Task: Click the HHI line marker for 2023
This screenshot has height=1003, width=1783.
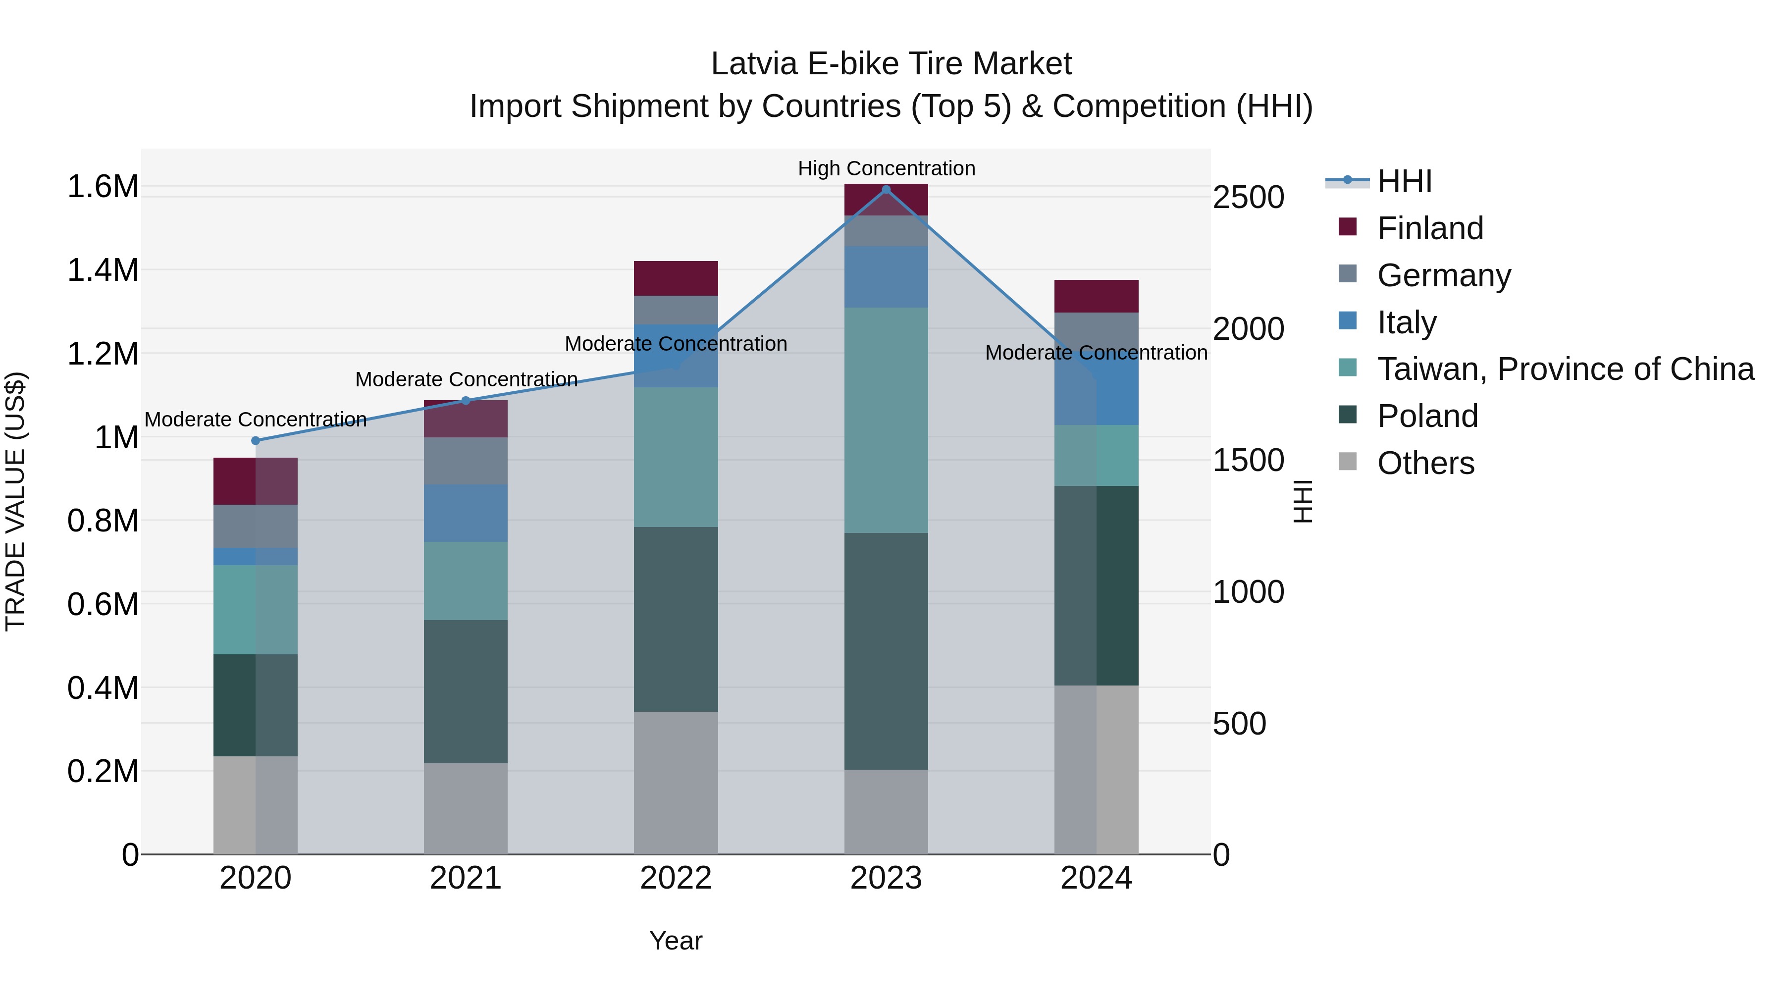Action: click(886, 190)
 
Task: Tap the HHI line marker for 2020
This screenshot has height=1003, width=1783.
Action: click(256, 441)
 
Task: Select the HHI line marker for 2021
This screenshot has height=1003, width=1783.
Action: click(466, 401)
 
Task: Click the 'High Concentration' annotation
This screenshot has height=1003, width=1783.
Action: click(886, 168)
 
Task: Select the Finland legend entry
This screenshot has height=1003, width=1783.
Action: click(1429, 228)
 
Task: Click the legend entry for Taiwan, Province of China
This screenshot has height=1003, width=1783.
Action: click(1565, 369)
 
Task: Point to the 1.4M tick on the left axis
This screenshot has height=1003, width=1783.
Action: click(103, 270)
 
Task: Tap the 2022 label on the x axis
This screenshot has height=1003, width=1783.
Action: click(676, 878)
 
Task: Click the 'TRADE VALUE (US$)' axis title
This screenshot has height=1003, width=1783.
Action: click(15, 501)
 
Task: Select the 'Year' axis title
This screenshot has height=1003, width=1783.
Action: click(676, 941)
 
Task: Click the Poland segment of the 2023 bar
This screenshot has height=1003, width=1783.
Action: click(886, 651)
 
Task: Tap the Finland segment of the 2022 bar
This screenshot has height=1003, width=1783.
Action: click(676, 278)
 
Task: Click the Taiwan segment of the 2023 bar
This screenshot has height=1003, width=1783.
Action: click(886, 420)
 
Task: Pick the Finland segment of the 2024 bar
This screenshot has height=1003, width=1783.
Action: click(1097, 296)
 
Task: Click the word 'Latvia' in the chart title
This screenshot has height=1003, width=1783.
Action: click(754, 64)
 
